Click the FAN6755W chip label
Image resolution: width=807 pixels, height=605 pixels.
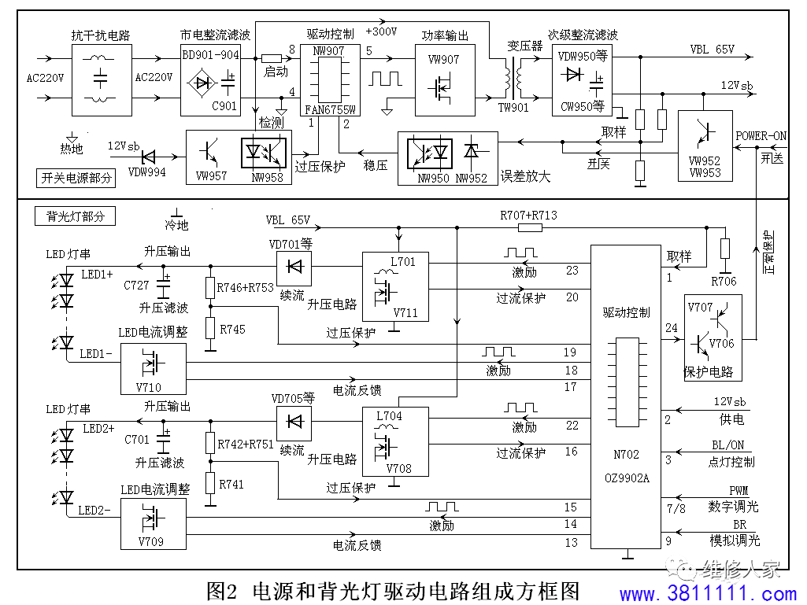[x=330, y=109]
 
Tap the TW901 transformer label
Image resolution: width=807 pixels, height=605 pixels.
[x=513, y=108]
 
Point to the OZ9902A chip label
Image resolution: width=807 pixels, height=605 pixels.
[x=627, y=478]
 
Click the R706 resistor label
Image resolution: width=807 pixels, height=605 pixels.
[x=724, y=282]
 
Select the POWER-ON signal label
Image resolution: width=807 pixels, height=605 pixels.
[x=761, y=136]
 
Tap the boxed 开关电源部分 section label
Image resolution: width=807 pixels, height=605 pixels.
[x=76, y=178]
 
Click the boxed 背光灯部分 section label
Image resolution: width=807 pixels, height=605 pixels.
[x=75, y=216]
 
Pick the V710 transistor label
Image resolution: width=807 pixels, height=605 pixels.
[x=149, y=387]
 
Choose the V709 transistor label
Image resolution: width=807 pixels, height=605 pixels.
[x=151, y=542]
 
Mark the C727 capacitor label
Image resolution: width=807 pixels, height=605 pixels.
[x=136, y=285]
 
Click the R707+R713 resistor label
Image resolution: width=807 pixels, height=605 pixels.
[x=528, y=215]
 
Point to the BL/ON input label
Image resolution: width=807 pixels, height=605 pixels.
[x=727, y=445]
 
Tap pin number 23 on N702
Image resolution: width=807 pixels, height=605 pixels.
[x=572, y=271]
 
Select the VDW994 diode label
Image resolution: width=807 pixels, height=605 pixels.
[x=146, y=172]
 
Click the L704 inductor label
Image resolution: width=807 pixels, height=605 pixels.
[x=389, y=415]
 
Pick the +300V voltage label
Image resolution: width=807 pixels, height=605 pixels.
[x=381, y=31]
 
